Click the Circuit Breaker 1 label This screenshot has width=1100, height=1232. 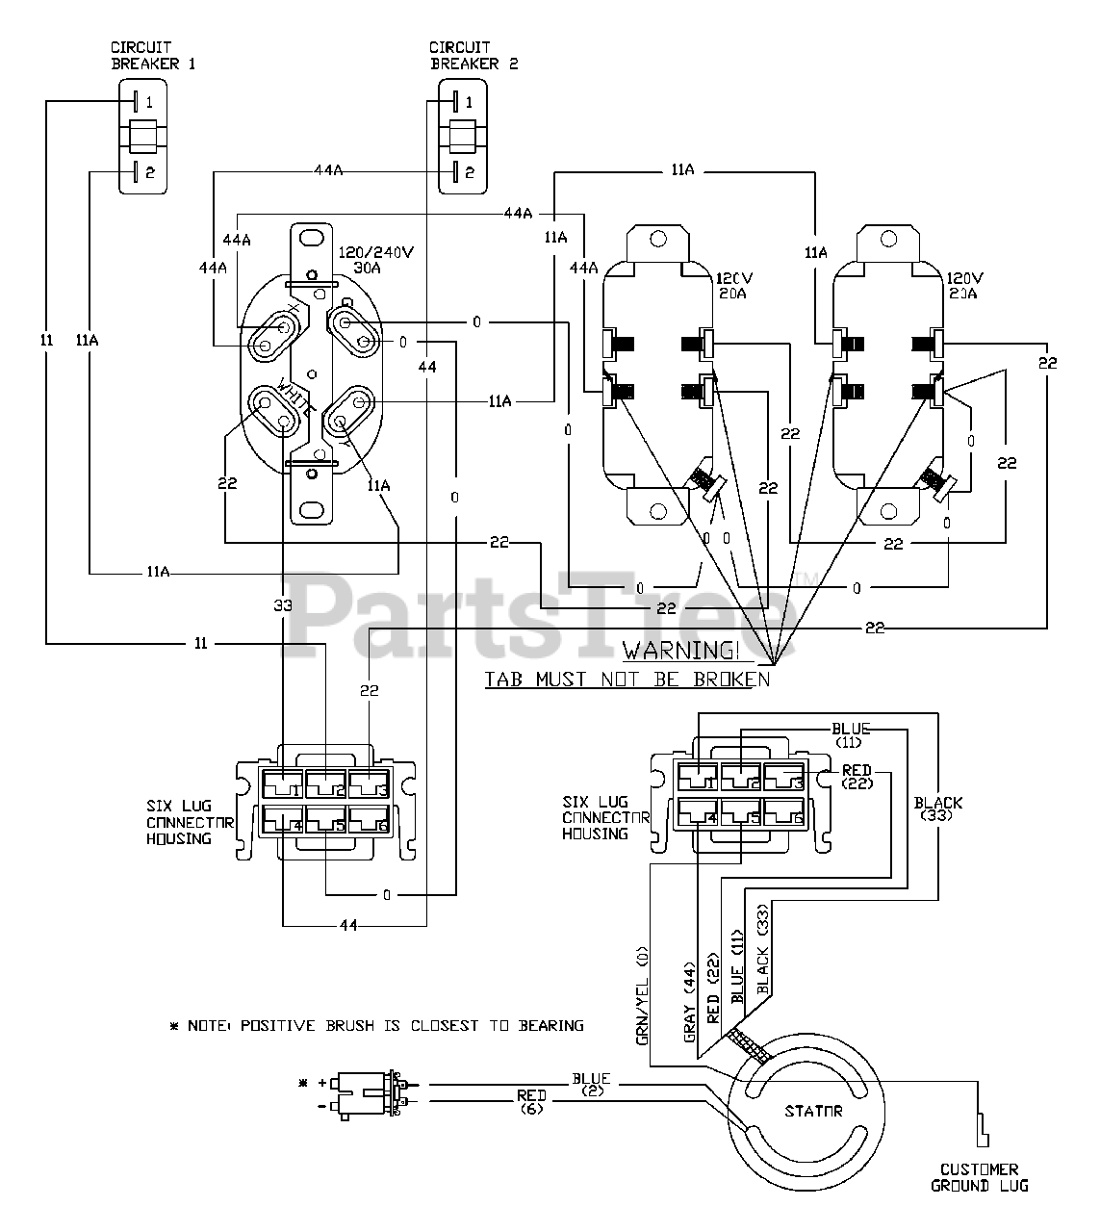[x=153, y=55]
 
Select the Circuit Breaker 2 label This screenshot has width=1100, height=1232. [x=473, y=55]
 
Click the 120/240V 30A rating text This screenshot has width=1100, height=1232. [x=375, y=260]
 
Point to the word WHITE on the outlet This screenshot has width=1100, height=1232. [x=296, y=398]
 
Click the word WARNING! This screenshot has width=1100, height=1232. [x=680, y=652]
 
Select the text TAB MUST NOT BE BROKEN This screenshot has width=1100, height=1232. [x=627, y=680]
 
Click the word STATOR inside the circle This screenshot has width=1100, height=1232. [x=813, y=1112]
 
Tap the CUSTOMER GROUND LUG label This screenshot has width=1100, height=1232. [x=979, y=1178]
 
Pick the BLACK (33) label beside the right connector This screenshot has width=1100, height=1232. [x=937, y=808]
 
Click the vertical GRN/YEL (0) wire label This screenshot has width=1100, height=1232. [x=642, y=995]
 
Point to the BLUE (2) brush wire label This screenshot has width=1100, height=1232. [x=591, y=1084]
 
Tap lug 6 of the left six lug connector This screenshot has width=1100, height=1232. [x=370, y=821]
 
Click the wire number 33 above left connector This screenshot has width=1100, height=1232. [x=283, y=605]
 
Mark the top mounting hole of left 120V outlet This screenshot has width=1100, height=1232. [x=658, y=239]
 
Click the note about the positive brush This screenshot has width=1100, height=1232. [x=376, y=1026]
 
